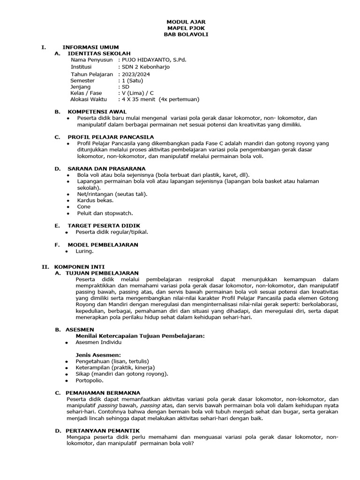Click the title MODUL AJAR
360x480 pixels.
[186, 22]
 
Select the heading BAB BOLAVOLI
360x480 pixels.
[186, 35]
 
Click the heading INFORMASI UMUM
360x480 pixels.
[90, 47]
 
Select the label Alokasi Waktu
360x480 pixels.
[89, 99]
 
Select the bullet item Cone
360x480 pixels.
[84, 207]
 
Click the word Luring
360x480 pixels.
[84, 251]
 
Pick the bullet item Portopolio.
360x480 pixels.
[90, 380]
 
